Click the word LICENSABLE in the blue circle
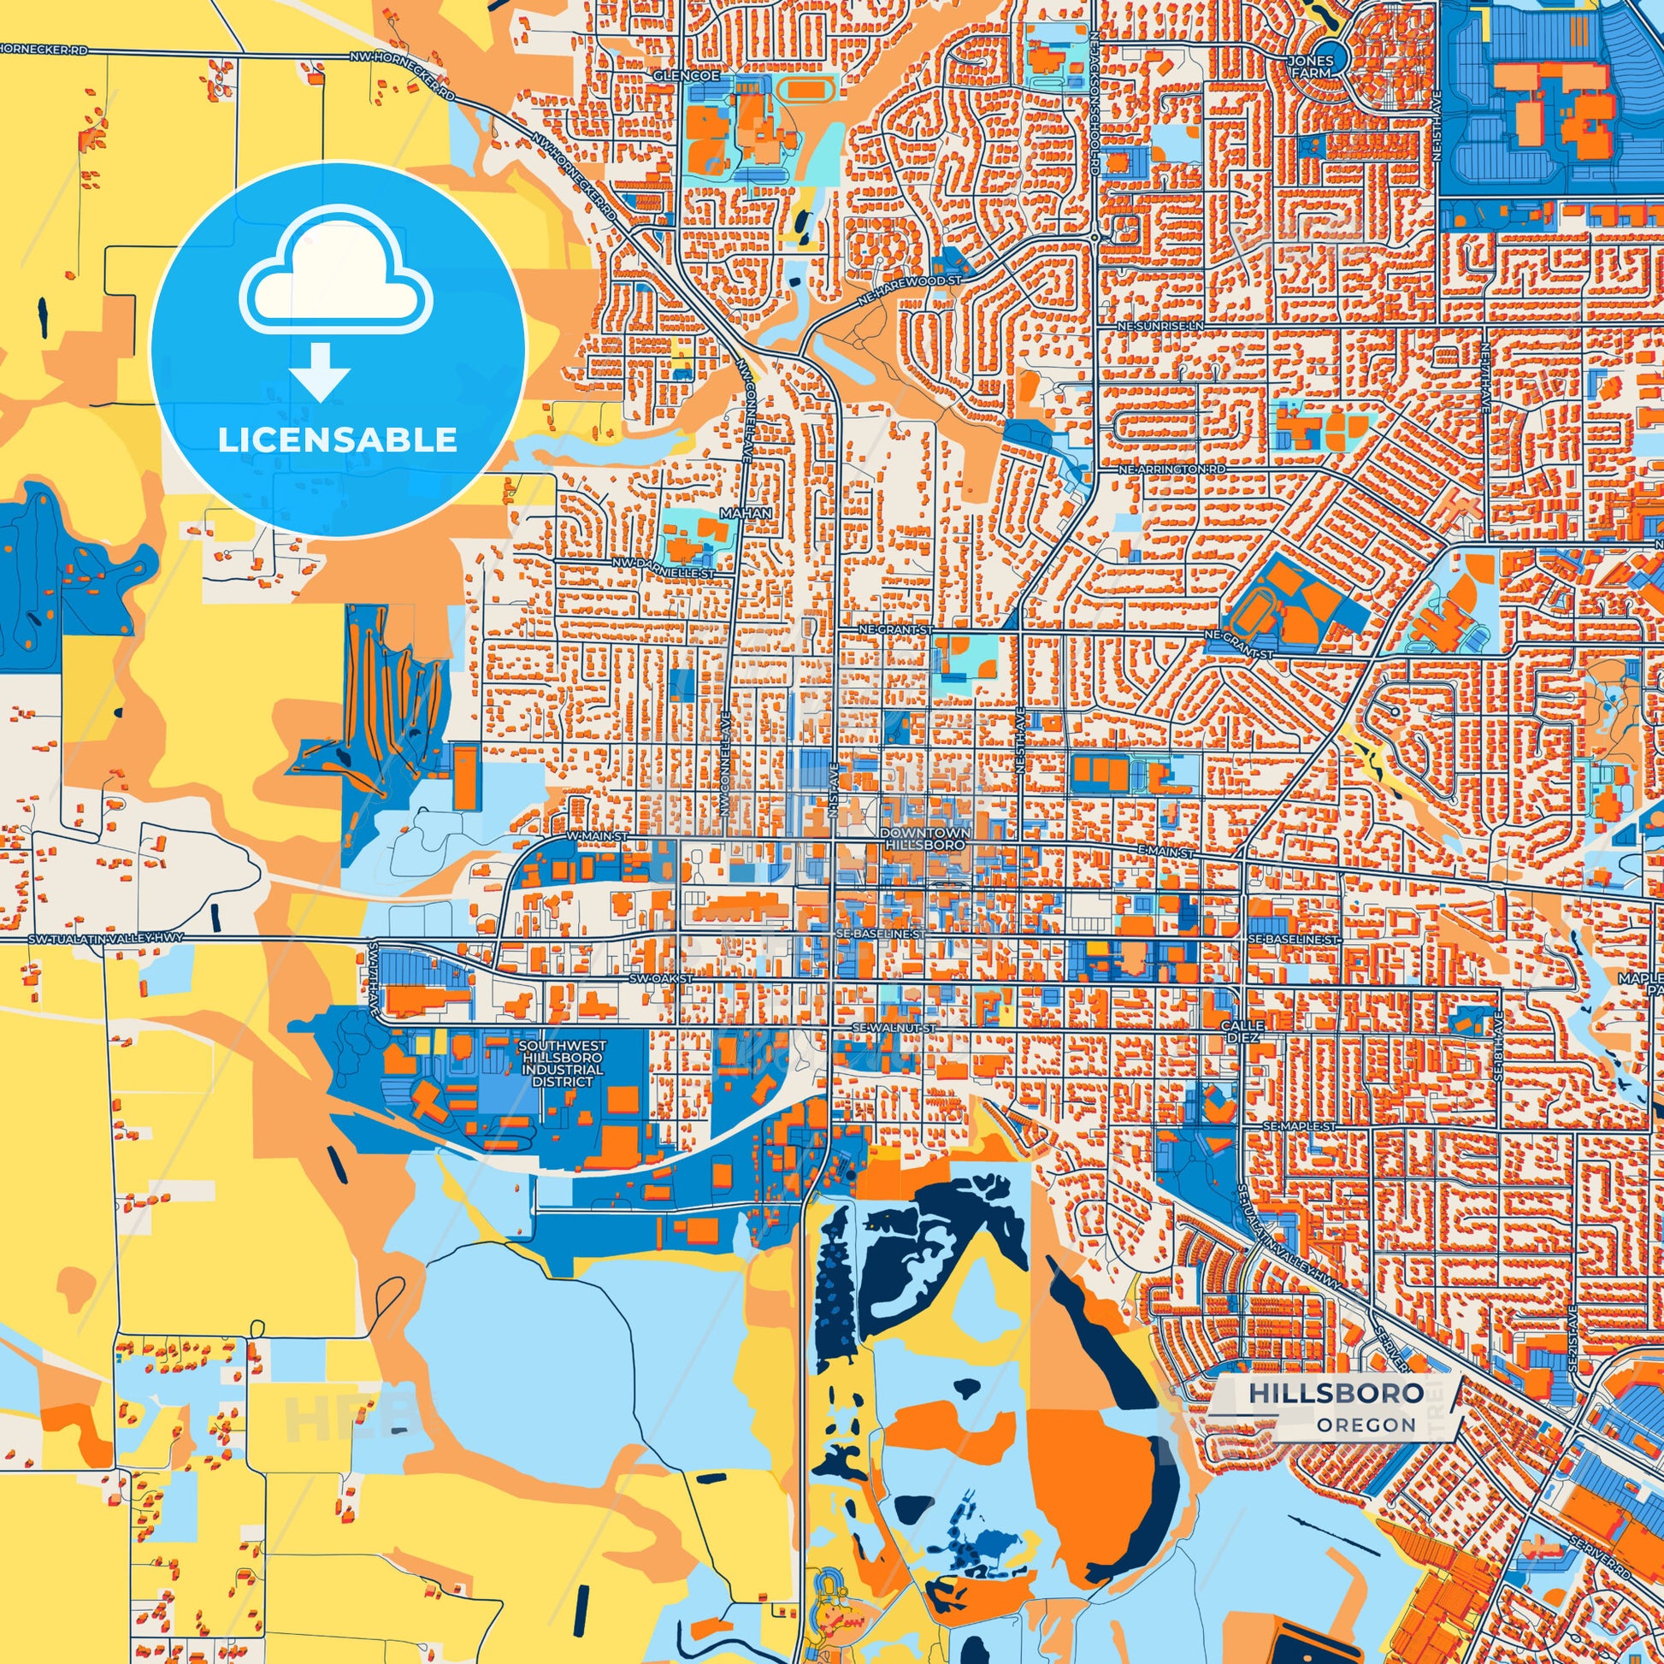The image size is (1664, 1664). coord(337,440)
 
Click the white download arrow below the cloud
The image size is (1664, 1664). coord(320,371)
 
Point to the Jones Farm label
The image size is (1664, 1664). coord(1311,68)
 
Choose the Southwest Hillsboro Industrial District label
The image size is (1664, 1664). coord(564,1063)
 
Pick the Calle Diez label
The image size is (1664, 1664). coord(1242,1031)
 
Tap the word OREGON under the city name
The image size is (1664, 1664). coord(1366,1425)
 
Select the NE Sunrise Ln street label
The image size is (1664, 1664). coord(1159,327)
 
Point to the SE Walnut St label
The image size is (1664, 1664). coord(894,1028)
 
